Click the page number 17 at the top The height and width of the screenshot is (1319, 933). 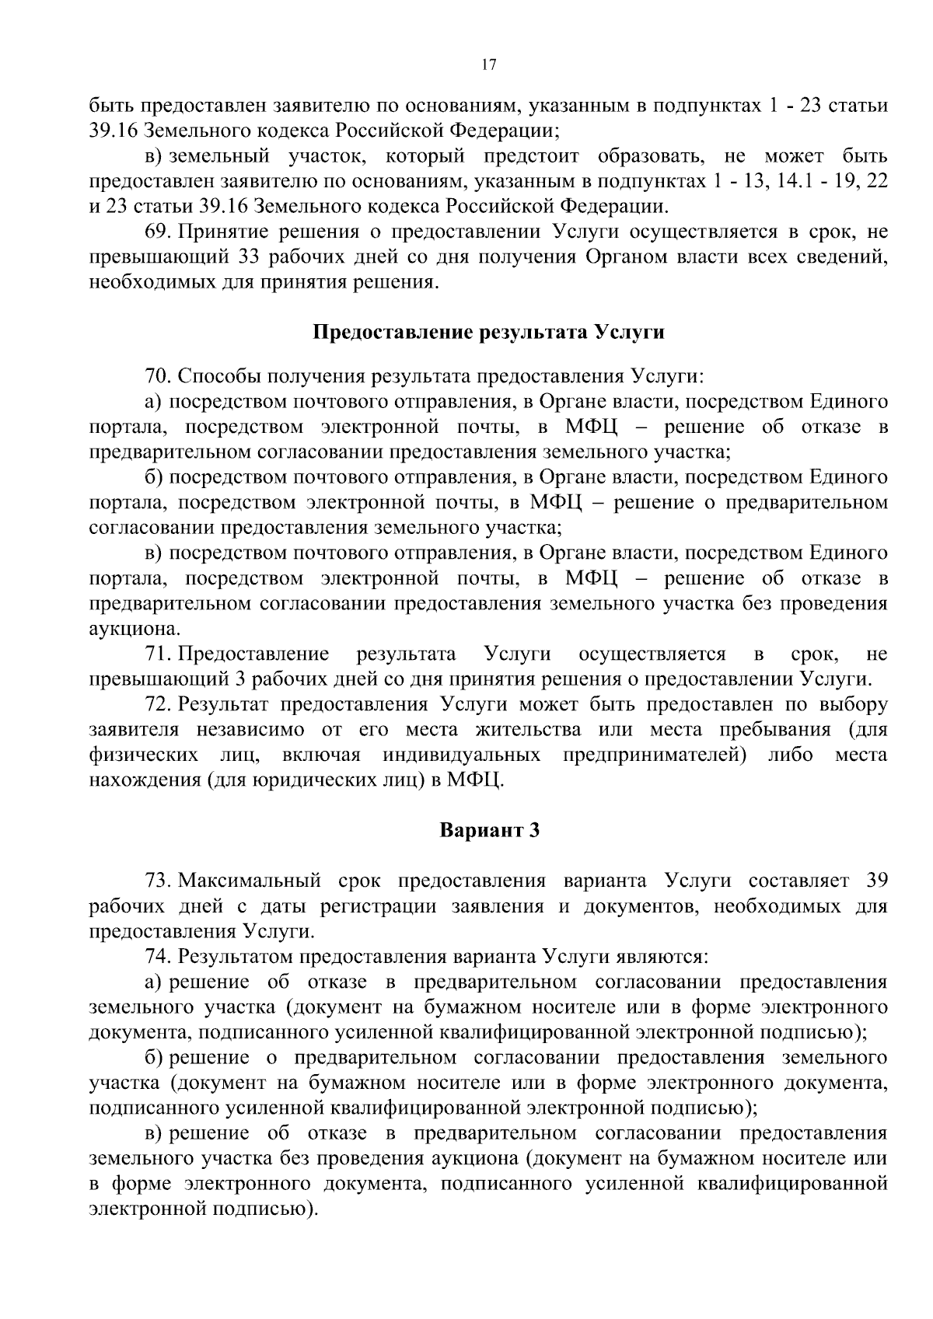[489, 65]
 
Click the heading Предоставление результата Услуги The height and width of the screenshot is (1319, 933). [489, 333]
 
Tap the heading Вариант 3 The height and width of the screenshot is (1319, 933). [489, 830]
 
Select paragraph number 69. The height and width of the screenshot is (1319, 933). [158, 232]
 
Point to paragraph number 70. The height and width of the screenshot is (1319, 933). [158, 377]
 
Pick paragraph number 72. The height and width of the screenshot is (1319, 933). [158, 705]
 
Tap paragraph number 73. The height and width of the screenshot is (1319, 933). [158, 881]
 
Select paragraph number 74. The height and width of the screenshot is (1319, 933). [158, 956]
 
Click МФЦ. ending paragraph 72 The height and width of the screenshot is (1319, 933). [476, 780]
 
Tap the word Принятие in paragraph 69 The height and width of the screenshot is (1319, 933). [218, 232]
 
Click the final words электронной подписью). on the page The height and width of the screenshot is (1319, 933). [204, 1209]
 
